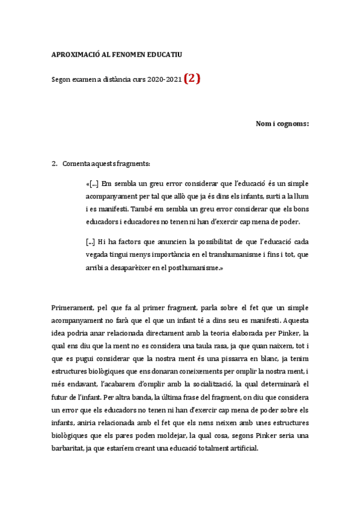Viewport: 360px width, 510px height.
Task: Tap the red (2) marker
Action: tap(192, 79)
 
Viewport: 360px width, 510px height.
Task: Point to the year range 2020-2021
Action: tap(165, 80)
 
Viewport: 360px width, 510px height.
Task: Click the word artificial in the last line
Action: tap(240, 448)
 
